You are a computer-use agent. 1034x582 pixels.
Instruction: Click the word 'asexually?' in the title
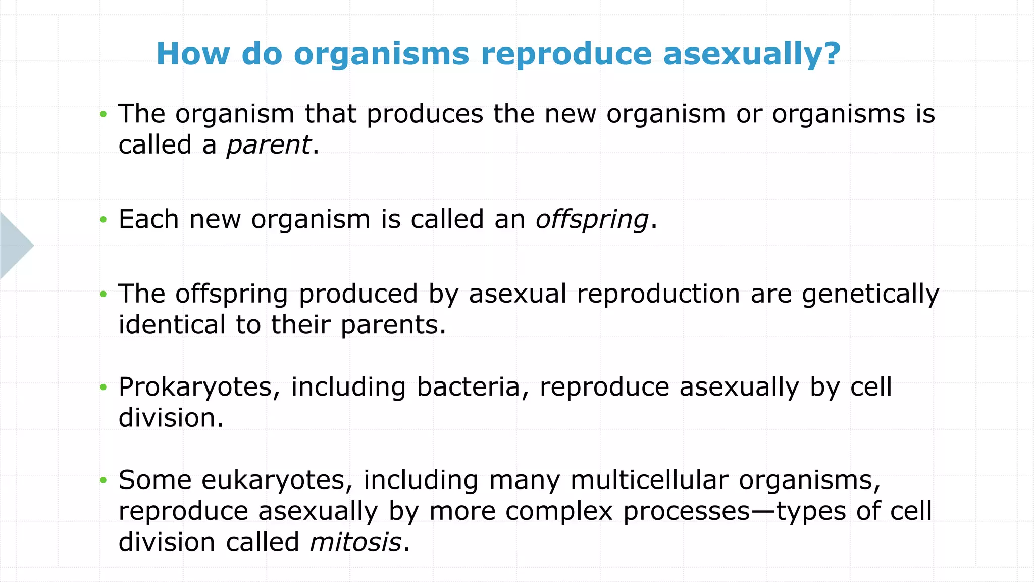click(x=752, y=54)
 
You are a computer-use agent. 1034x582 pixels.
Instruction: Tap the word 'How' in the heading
click(x=193, y=53)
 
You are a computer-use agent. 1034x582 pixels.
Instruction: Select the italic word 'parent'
click(x=269, y=145)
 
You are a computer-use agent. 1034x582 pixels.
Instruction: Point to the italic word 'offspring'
click(x=592, y=220)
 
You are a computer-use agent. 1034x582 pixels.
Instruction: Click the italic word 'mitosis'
click(x=355, y=543)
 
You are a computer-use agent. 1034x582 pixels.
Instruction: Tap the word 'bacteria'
click(x=473, y=387)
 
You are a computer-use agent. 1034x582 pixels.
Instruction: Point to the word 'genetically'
click(x=870, y=295)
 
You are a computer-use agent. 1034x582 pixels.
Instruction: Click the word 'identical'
click(x=172, y=325)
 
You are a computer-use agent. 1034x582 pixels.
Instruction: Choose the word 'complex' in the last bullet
click(x=559, y=511)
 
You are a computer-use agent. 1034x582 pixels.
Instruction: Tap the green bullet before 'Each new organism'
click(x=104, y=220)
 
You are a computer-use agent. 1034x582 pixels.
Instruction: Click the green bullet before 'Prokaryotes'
click(x=104, y=387)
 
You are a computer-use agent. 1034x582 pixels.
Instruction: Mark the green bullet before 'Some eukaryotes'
click(x=104, y=480)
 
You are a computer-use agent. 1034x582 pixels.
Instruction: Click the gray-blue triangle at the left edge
click(x=14, y=246)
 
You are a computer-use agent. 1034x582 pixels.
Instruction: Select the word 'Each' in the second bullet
click(x=148, y=220)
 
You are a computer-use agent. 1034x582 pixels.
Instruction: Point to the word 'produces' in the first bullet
click(x=425, y=114)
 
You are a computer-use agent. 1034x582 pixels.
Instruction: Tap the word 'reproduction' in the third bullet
click(x=658, y=295)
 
